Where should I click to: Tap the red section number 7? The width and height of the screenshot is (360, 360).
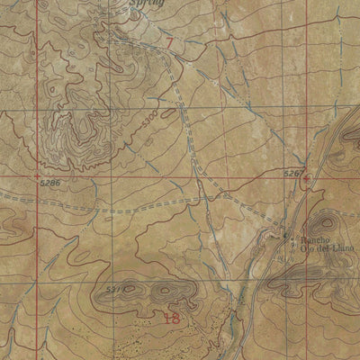point(168,40)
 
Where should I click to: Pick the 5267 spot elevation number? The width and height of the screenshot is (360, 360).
point(293,171)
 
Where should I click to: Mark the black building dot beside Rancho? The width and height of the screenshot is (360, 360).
point(286,237)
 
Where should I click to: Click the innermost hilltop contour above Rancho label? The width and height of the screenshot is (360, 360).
point(321,222)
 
